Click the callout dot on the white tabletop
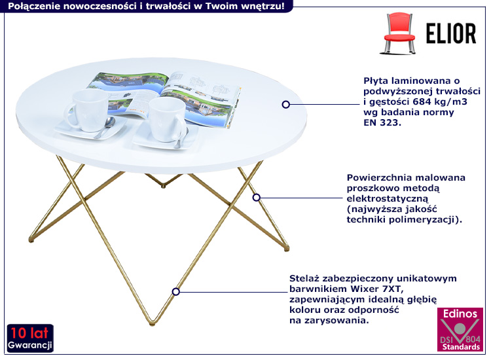pyautogui.click(x=285, y=104)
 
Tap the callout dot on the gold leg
pyautogui.click(x=257, y=196)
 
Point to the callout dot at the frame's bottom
pyautogui.click(x=175, y=291)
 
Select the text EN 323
pyautogui.click(x=381, y=122)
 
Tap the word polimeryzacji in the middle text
pyautogui.click(x=428, y=220)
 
